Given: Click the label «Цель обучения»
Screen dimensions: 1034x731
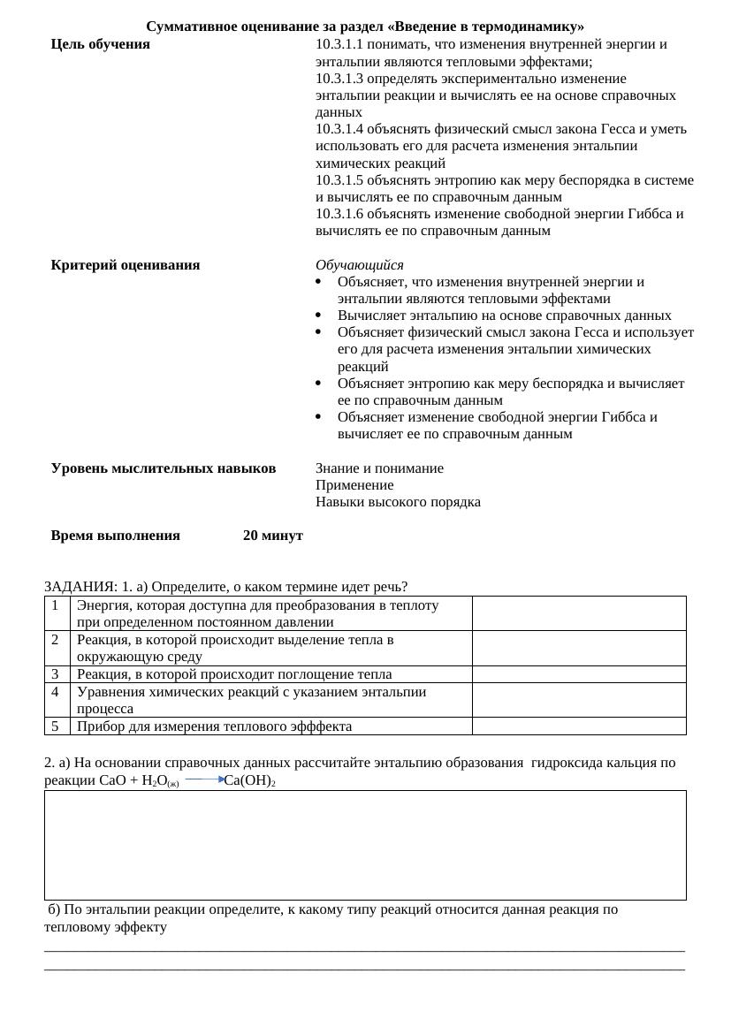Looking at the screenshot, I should pos(100,44).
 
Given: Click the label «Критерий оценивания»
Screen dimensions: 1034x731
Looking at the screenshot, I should pos(126,265).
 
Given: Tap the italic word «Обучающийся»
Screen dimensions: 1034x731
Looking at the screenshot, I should pos(359,265).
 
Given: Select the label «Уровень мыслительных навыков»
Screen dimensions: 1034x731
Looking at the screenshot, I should pos(164,468).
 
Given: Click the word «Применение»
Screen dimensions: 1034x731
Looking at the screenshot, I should pos(354,485).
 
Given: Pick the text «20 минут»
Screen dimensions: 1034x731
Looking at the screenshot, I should pos(273,536).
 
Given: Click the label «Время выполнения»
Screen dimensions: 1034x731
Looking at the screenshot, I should pos(115,536).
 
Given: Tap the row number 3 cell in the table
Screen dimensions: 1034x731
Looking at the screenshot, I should pos(56,674).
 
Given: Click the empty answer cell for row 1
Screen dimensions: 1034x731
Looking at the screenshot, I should pos(579,613).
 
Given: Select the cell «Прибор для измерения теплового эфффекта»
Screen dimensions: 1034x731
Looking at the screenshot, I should pos(215,726).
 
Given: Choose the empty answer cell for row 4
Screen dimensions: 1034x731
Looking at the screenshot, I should pos(579,700).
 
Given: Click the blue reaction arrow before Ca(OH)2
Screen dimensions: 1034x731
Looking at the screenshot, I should pos(205,780).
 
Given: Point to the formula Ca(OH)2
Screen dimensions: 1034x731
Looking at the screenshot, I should pos(250,780).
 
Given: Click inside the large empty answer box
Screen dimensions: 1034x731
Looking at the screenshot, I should pos(365,845).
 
